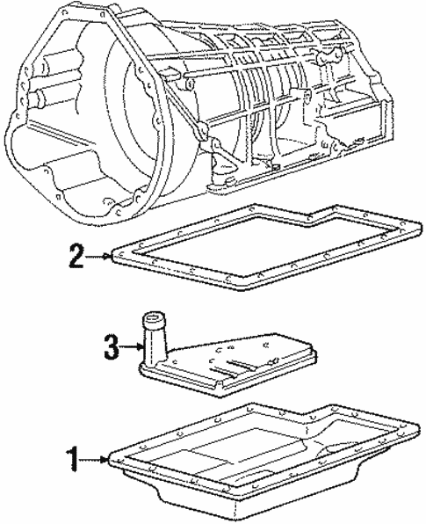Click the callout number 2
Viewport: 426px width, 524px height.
tap(77, 258)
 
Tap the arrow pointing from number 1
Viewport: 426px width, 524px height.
tap(97, 457)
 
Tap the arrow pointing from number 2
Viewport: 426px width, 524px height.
tap(98, 258)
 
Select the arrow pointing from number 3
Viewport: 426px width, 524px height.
tap(132, 347)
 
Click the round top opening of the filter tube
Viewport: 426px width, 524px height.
tap(155, 320)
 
